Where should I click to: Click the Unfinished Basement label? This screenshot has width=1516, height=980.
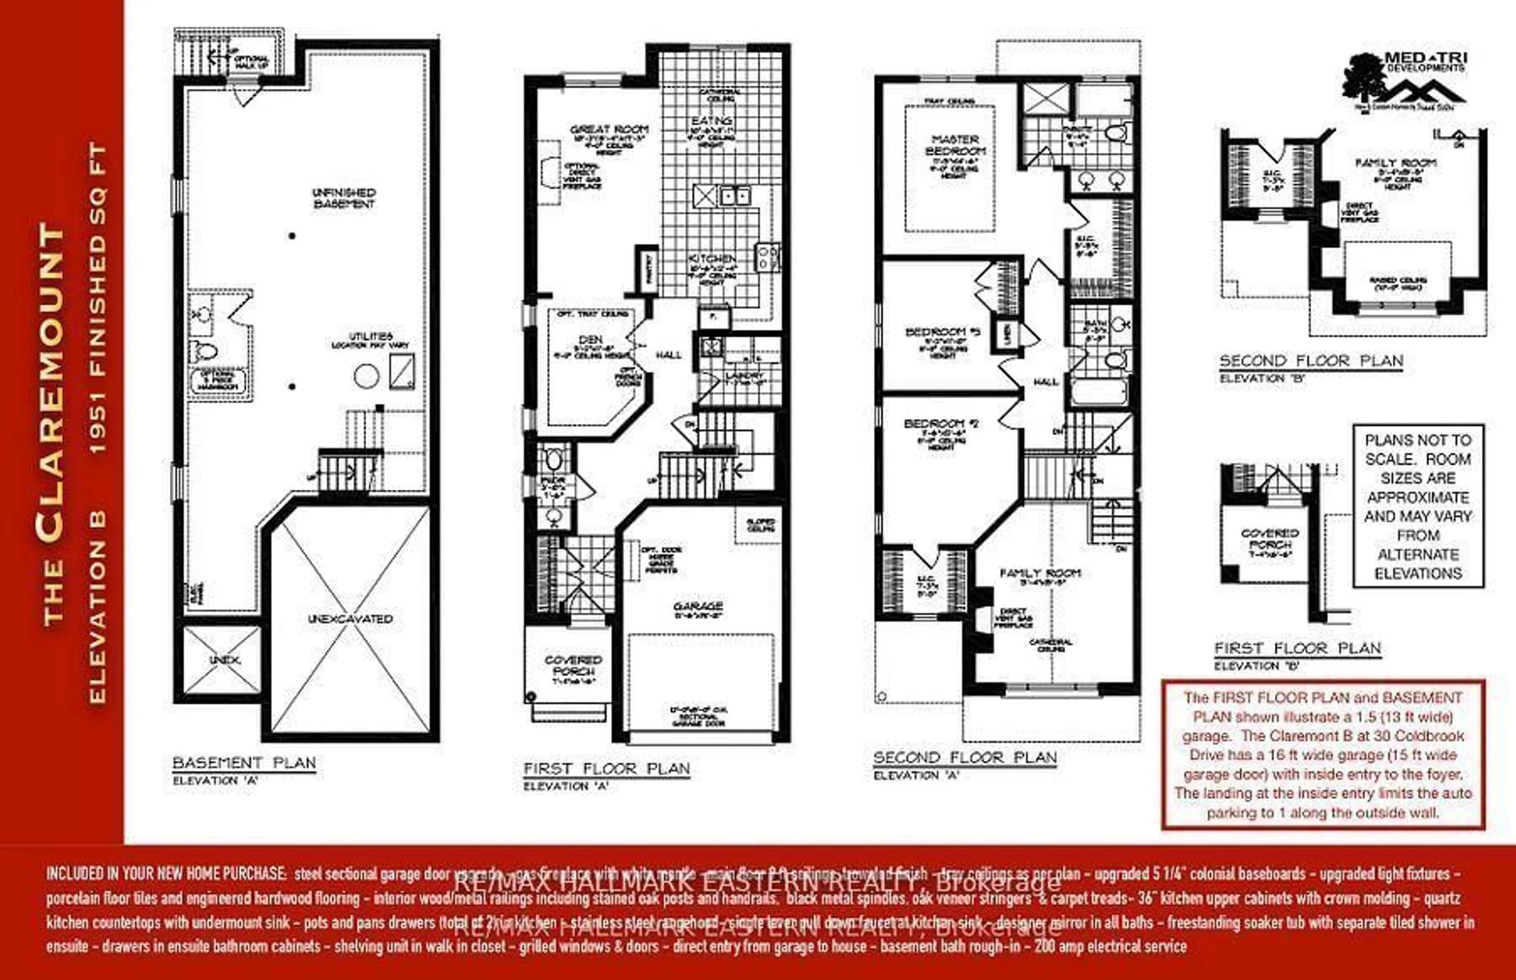point(344,198)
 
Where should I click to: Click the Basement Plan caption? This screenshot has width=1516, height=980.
point(244,763)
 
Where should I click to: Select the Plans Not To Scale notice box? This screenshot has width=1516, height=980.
point(1418,506)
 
